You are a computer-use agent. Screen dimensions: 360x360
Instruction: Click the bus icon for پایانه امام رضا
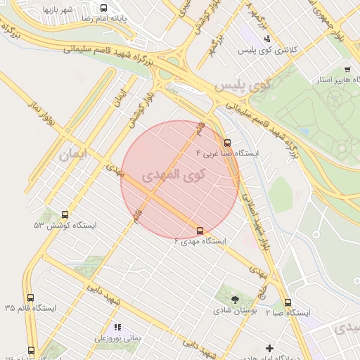[x=105, y=8]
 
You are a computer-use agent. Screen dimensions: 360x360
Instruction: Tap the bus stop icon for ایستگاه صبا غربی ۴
[x=226, y=141]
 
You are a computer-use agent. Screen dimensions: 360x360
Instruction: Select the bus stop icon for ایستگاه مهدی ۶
[x=200, y=230]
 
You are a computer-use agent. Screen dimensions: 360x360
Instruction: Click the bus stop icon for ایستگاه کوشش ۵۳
[x=65, y=214]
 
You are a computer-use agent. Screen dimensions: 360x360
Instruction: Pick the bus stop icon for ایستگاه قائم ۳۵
[x=30, y=297]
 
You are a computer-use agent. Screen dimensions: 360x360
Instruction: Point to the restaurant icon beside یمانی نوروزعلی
[x=117, y=327]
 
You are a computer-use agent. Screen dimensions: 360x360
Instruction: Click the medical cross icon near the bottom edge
[x=269, y=348]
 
